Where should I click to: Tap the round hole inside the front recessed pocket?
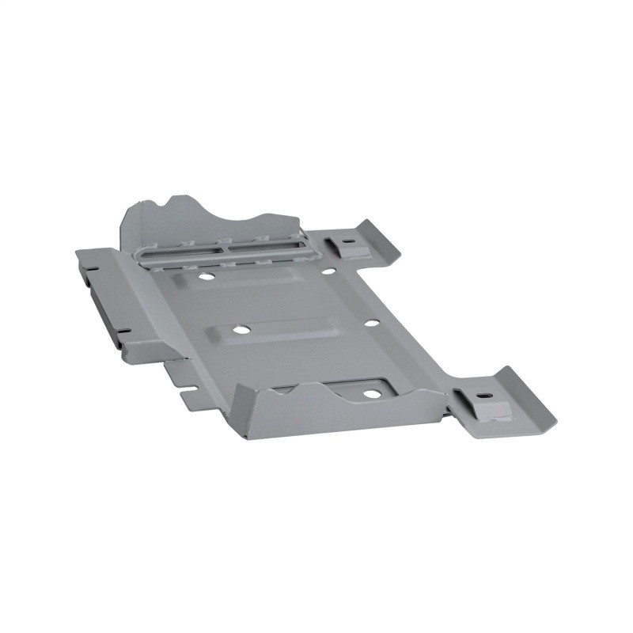[370, 392]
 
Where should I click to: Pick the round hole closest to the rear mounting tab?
[327, 270]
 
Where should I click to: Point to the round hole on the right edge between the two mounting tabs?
[369, 323]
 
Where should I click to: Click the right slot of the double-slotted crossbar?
[265, 244]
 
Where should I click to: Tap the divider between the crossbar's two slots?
[226, 248]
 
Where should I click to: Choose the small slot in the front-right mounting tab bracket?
[482, 395]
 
